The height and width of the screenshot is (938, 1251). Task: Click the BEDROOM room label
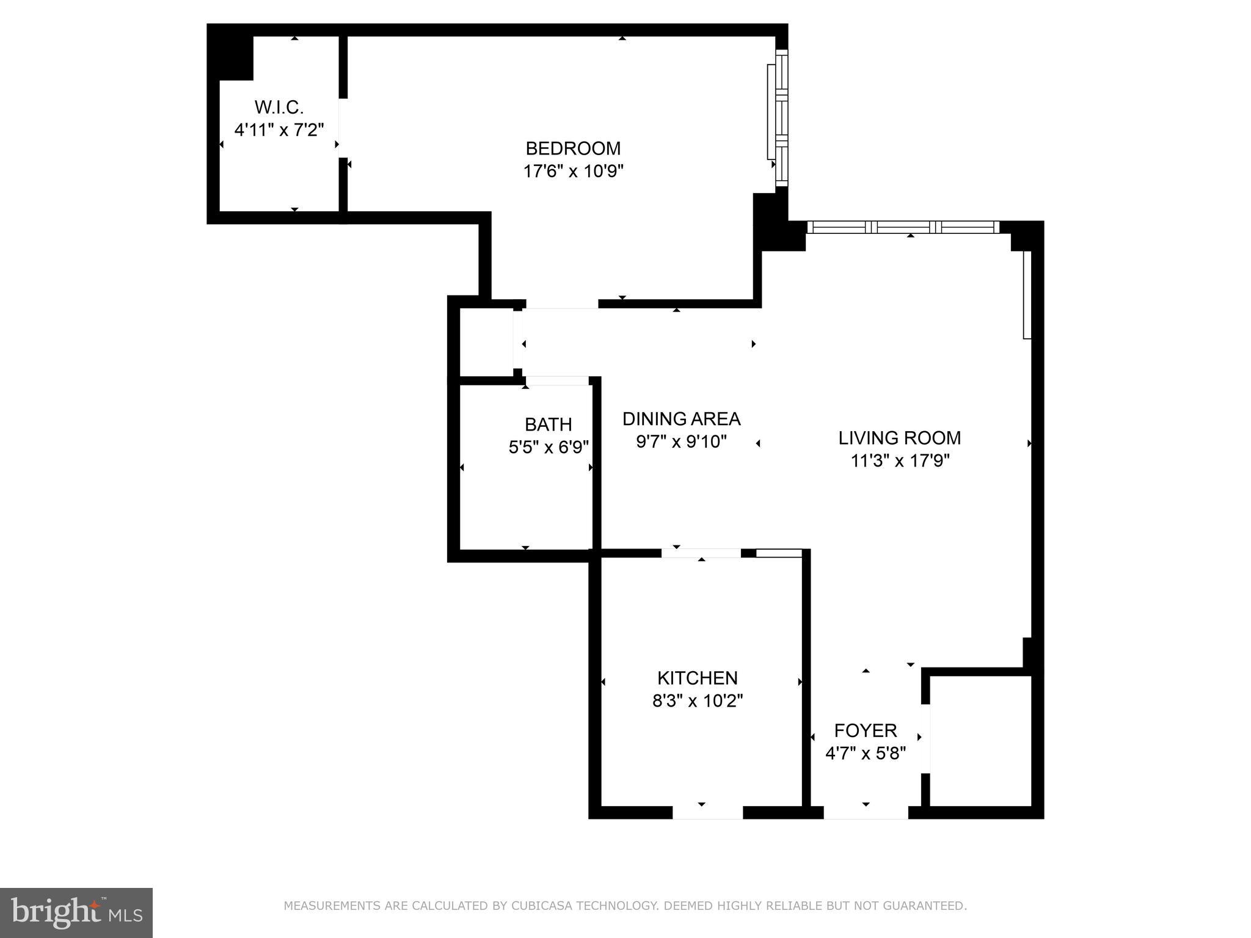coord(573,148)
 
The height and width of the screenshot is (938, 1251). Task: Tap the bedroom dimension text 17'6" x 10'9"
coord(573,171)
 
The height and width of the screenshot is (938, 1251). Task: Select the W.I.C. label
coord(279,107)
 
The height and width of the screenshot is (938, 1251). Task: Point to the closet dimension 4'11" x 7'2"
coord(279,130)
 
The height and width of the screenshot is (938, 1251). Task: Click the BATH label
coord(548,424)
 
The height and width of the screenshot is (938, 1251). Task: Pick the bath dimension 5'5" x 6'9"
coord(548,447)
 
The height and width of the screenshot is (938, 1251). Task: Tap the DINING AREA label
coord(681,419)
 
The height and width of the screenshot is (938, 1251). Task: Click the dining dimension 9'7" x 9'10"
coord(681,442)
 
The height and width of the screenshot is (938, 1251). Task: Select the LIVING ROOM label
coord(899,438)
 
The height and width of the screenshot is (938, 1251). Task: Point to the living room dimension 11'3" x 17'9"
coord(899,460)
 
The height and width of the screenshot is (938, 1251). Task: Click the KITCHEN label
coord(697,678)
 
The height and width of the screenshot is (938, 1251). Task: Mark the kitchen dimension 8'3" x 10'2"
coord(697,700)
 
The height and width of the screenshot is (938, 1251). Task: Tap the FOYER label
coord(865,730)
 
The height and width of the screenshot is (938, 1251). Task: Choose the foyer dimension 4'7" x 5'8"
coord(865,753)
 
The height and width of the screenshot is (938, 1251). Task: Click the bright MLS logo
coord(76,912)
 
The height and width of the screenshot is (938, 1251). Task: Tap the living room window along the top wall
coord(903,227)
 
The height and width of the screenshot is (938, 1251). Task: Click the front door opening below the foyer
coord(866,813)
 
